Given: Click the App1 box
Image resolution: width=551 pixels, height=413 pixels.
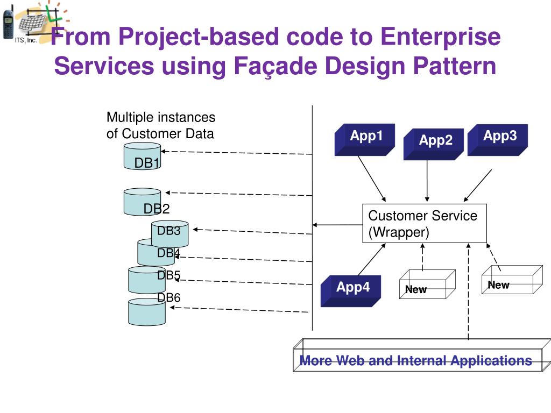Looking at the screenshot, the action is click(x=365, y=139).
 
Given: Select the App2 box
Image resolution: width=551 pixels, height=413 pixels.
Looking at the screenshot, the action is click(x=434, y=144).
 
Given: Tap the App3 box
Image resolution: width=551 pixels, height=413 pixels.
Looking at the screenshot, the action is click(x=498, y=140).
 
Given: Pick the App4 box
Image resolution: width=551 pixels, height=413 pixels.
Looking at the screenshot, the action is click(x=351, y=291).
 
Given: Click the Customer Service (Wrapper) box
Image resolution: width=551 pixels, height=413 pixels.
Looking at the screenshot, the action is click(x=425, y=223).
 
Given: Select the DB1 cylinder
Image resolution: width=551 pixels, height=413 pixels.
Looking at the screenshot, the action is click(x=142, y=156).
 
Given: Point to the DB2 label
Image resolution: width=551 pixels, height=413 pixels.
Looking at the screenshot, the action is click(x=157, y=209).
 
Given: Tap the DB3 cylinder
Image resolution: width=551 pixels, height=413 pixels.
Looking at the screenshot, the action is click(x=169, y=234).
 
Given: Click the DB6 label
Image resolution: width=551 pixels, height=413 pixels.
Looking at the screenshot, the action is click(x=168, y=298).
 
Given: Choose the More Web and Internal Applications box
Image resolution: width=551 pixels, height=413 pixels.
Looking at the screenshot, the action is click(x=422, y=355).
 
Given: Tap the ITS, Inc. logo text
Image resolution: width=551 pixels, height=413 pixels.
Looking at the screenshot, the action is click(x=26, y=40).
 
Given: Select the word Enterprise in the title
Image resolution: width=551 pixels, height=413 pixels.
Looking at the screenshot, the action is click(x=441, y=37).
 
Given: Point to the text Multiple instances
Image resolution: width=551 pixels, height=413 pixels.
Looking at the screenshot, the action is click(x=161, y=117).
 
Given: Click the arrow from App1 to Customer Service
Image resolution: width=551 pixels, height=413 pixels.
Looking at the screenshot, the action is click(x=372, y=179).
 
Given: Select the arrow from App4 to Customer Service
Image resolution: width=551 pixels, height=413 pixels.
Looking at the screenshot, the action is click(x=372, y=259).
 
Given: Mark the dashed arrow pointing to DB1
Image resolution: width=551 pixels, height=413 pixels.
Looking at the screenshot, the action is click(x=237, y=152).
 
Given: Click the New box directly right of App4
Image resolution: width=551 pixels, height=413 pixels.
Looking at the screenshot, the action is click(x=427, y=284).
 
